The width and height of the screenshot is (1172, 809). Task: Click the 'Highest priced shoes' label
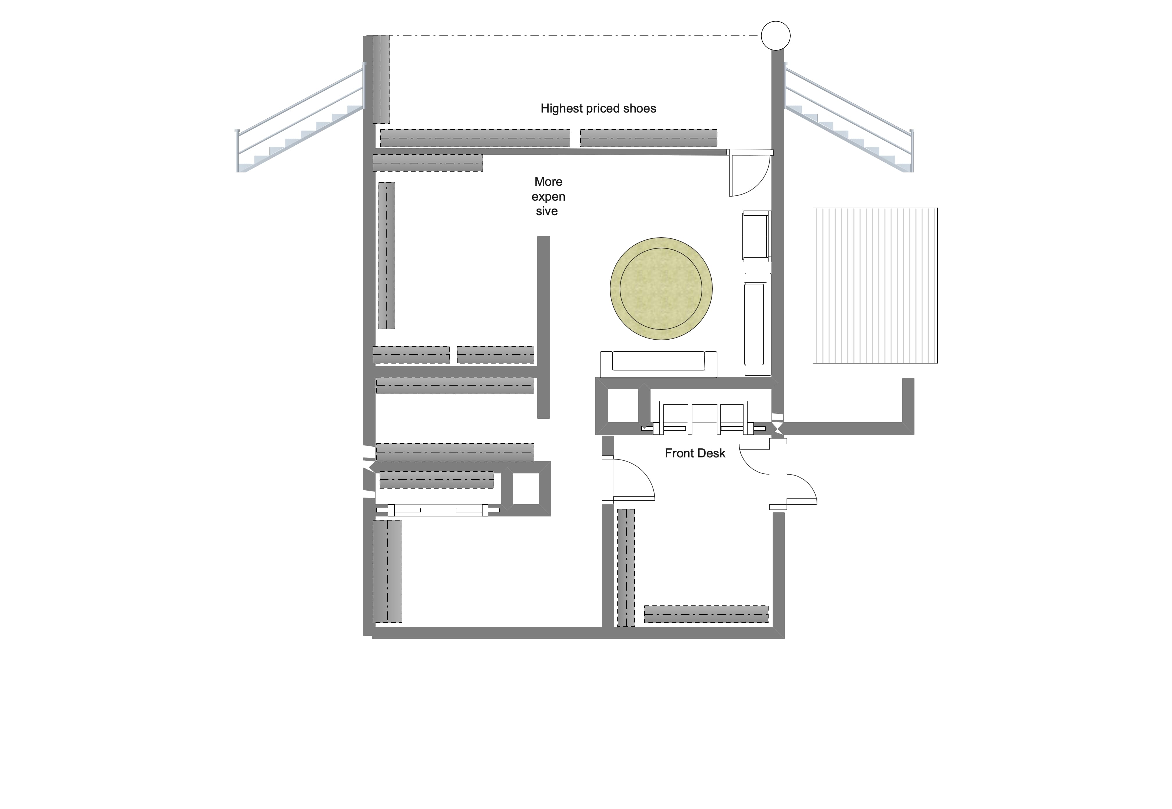coord(598,108)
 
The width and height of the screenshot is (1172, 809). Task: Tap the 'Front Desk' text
coord(695,453)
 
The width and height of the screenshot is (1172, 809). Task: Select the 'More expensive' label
coord(548,196)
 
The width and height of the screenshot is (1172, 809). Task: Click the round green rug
coord(661,288)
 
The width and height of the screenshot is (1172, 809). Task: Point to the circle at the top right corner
coord(775,35)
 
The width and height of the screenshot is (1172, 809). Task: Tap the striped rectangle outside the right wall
coord(875,285)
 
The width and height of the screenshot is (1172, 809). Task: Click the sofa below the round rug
coord(658,363)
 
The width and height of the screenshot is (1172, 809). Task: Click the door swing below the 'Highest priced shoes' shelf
coord(748,173)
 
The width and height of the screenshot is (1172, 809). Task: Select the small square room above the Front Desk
coord(622,406)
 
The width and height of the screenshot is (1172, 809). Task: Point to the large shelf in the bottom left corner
coord(388,571)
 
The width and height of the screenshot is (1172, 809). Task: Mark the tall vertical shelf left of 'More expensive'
coord(386,255)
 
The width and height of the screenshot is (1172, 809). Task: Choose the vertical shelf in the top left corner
coord(381,79)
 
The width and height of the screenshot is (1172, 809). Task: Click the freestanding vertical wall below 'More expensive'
coord(543,327)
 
